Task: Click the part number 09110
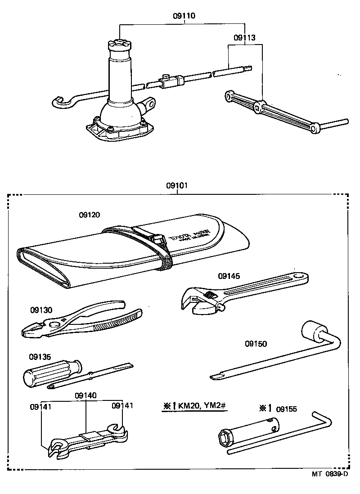pos(184,16)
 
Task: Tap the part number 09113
pos(244,38)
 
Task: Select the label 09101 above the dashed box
pos(177,185)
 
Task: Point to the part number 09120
pos(89,216)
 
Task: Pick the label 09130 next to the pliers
pos(41,310)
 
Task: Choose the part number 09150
pos(256,344)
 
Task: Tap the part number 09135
pos(40,357)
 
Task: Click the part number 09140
pos(85,395)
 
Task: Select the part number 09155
pos(286,409)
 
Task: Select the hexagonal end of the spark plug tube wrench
pos(225,437)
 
